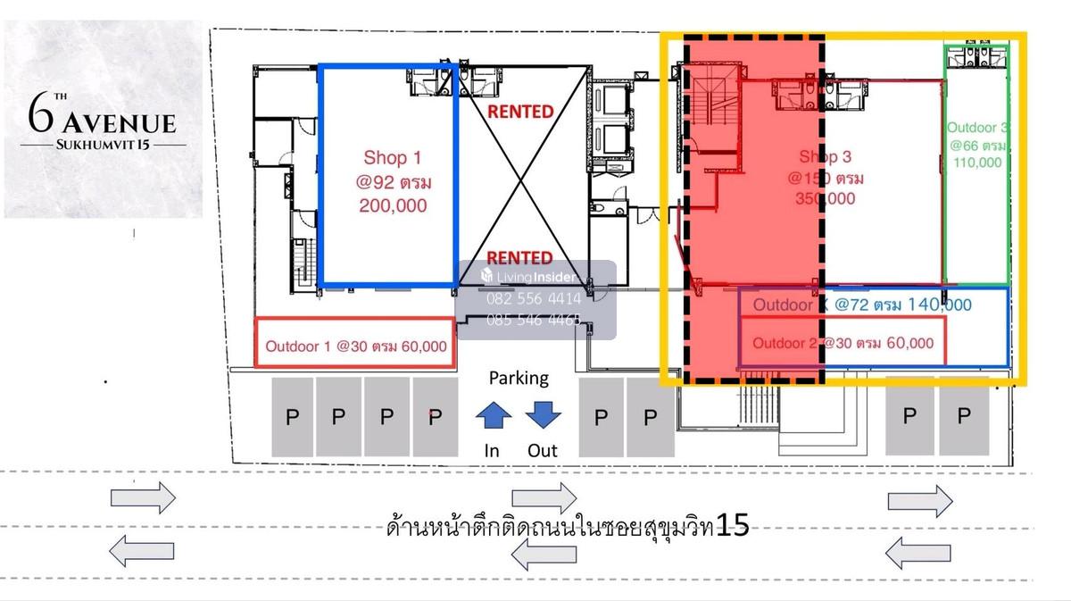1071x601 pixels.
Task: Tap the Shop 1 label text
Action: click(392, 158)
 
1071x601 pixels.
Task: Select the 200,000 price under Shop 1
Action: click(392, 205)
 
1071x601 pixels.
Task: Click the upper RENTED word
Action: click(520, 113)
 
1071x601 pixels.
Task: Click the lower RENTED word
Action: click(520, 259)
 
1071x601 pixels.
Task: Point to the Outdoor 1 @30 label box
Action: click(355, 343)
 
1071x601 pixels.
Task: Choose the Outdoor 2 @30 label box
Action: click(843, 343)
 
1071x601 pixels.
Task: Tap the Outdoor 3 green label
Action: click(978, 128)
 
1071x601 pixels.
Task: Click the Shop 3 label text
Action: click(825, 158)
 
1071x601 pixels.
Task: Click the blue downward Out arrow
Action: click(542, 415)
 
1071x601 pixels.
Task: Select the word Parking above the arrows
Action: click(519, 378)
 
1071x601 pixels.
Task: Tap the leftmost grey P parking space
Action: click(292, 416)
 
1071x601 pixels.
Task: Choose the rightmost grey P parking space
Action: click(963, 416)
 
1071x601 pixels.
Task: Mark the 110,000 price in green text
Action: click(978, 163)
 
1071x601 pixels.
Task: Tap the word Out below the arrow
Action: click(542, 451)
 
